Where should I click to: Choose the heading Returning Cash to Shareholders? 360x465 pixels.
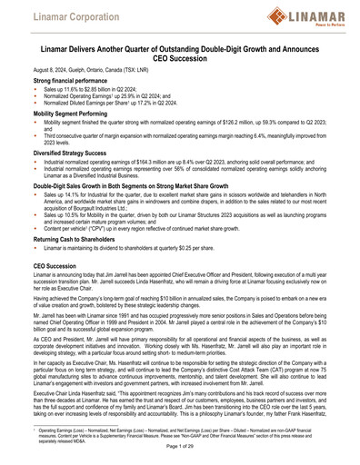pos(76,239)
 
